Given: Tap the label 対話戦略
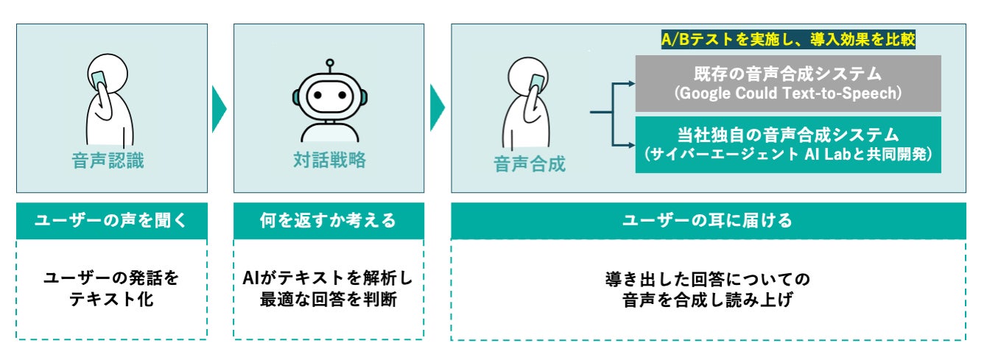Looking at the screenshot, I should (329, 161).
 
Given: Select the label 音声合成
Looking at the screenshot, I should (530, 163).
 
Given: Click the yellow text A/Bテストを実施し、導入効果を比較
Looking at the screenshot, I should (788, 40).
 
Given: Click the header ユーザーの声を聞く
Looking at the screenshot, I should (111, 220).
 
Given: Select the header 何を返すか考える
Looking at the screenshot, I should (329, 220).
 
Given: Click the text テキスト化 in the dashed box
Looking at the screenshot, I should (111, 299).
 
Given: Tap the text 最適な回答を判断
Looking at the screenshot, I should (329, 299).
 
